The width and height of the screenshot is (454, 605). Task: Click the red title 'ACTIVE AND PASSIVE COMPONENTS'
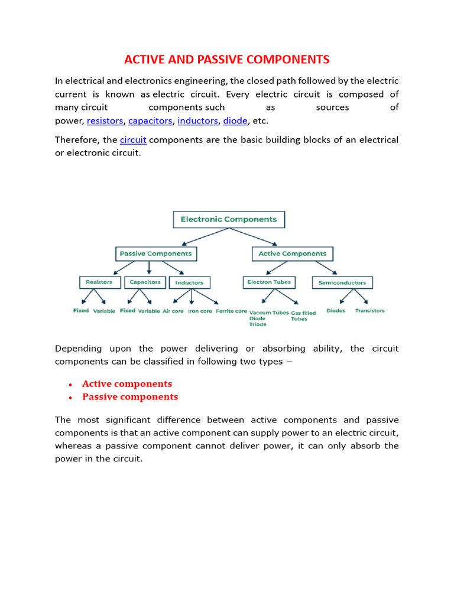click(226, 60)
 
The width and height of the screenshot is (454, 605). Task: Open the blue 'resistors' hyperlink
click(105, 121)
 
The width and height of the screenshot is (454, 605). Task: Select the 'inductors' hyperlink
click(197, 121)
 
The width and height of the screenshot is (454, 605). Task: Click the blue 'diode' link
click(235, 121)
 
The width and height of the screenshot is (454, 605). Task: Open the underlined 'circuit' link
click(133, 140)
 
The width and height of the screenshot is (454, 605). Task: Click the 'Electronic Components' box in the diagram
click(228, 219)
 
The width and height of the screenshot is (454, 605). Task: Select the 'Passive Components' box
click(155, 253)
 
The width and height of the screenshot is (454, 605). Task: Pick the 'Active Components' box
click(292, 253)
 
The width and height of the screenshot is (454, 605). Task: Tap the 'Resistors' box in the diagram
click(99, 282)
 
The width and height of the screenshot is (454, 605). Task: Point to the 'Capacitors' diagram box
click(145, 282)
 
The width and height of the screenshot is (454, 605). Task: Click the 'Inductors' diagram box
click(189, 283)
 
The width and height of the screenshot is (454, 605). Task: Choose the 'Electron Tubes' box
click(269, 282)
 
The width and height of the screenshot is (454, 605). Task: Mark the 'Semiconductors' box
click(342, 283)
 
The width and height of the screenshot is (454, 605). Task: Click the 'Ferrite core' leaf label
click(231, 311)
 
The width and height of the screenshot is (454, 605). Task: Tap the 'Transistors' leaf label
click(369, 311)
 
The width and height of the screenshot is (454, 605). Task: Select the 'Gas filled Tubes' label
click(303, 315)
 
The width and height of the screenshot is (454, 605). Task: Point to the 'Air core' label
click(173, 311)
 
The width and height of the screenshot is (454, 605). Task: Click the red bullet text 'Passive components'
click(130, 397)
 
